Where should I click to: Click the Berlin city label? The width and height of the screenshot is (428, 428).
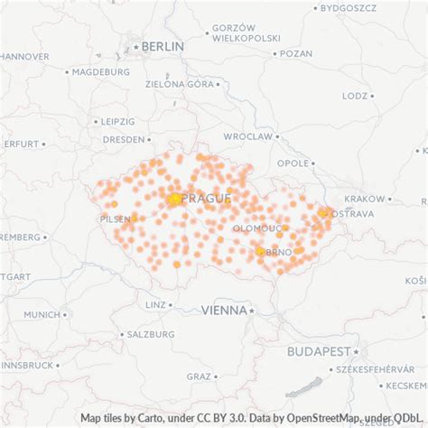pyautogui.click(x=162, y=46)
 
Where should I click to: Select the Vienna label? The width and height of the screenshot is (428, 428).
pyautogui.click(x=224, y=310)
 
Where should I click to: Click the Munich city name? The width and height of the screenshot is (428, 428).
pyautogui.click(x=41, y=314)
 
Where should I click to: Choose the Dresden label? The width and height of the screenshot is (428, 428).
pyautogui.click(x=123, y=140)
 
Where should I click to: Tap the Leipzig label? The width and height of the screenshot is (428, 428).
pyautogui.click(x=118, y=120)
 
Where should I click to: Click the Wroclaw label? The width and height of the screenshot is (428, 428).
pyautogui.click(x=247, y=136)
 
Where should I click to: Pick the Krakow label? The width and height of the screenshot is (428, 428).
pyautogui.click(x=365, y=199)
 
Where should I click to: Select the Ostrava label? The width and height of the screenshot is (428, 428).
pyautogui.click(x=352, y=214)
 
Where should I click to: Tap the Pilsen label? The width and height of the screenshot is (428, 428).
pyautogui.click(x=115, y=219)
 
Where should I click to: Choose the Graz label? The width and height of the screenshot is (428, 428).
pyautogui.click(x=199, y=376)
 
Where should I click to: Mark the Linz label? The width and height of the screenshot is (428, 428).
pyautogui.click(x=155, y=305)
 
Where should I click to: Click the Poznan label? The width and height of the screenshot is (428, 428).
pyautogui.click(x=296, y=53)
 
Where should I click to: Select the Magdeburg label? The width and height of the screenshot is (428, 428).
pyautogui.click(x=101, y=71)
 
